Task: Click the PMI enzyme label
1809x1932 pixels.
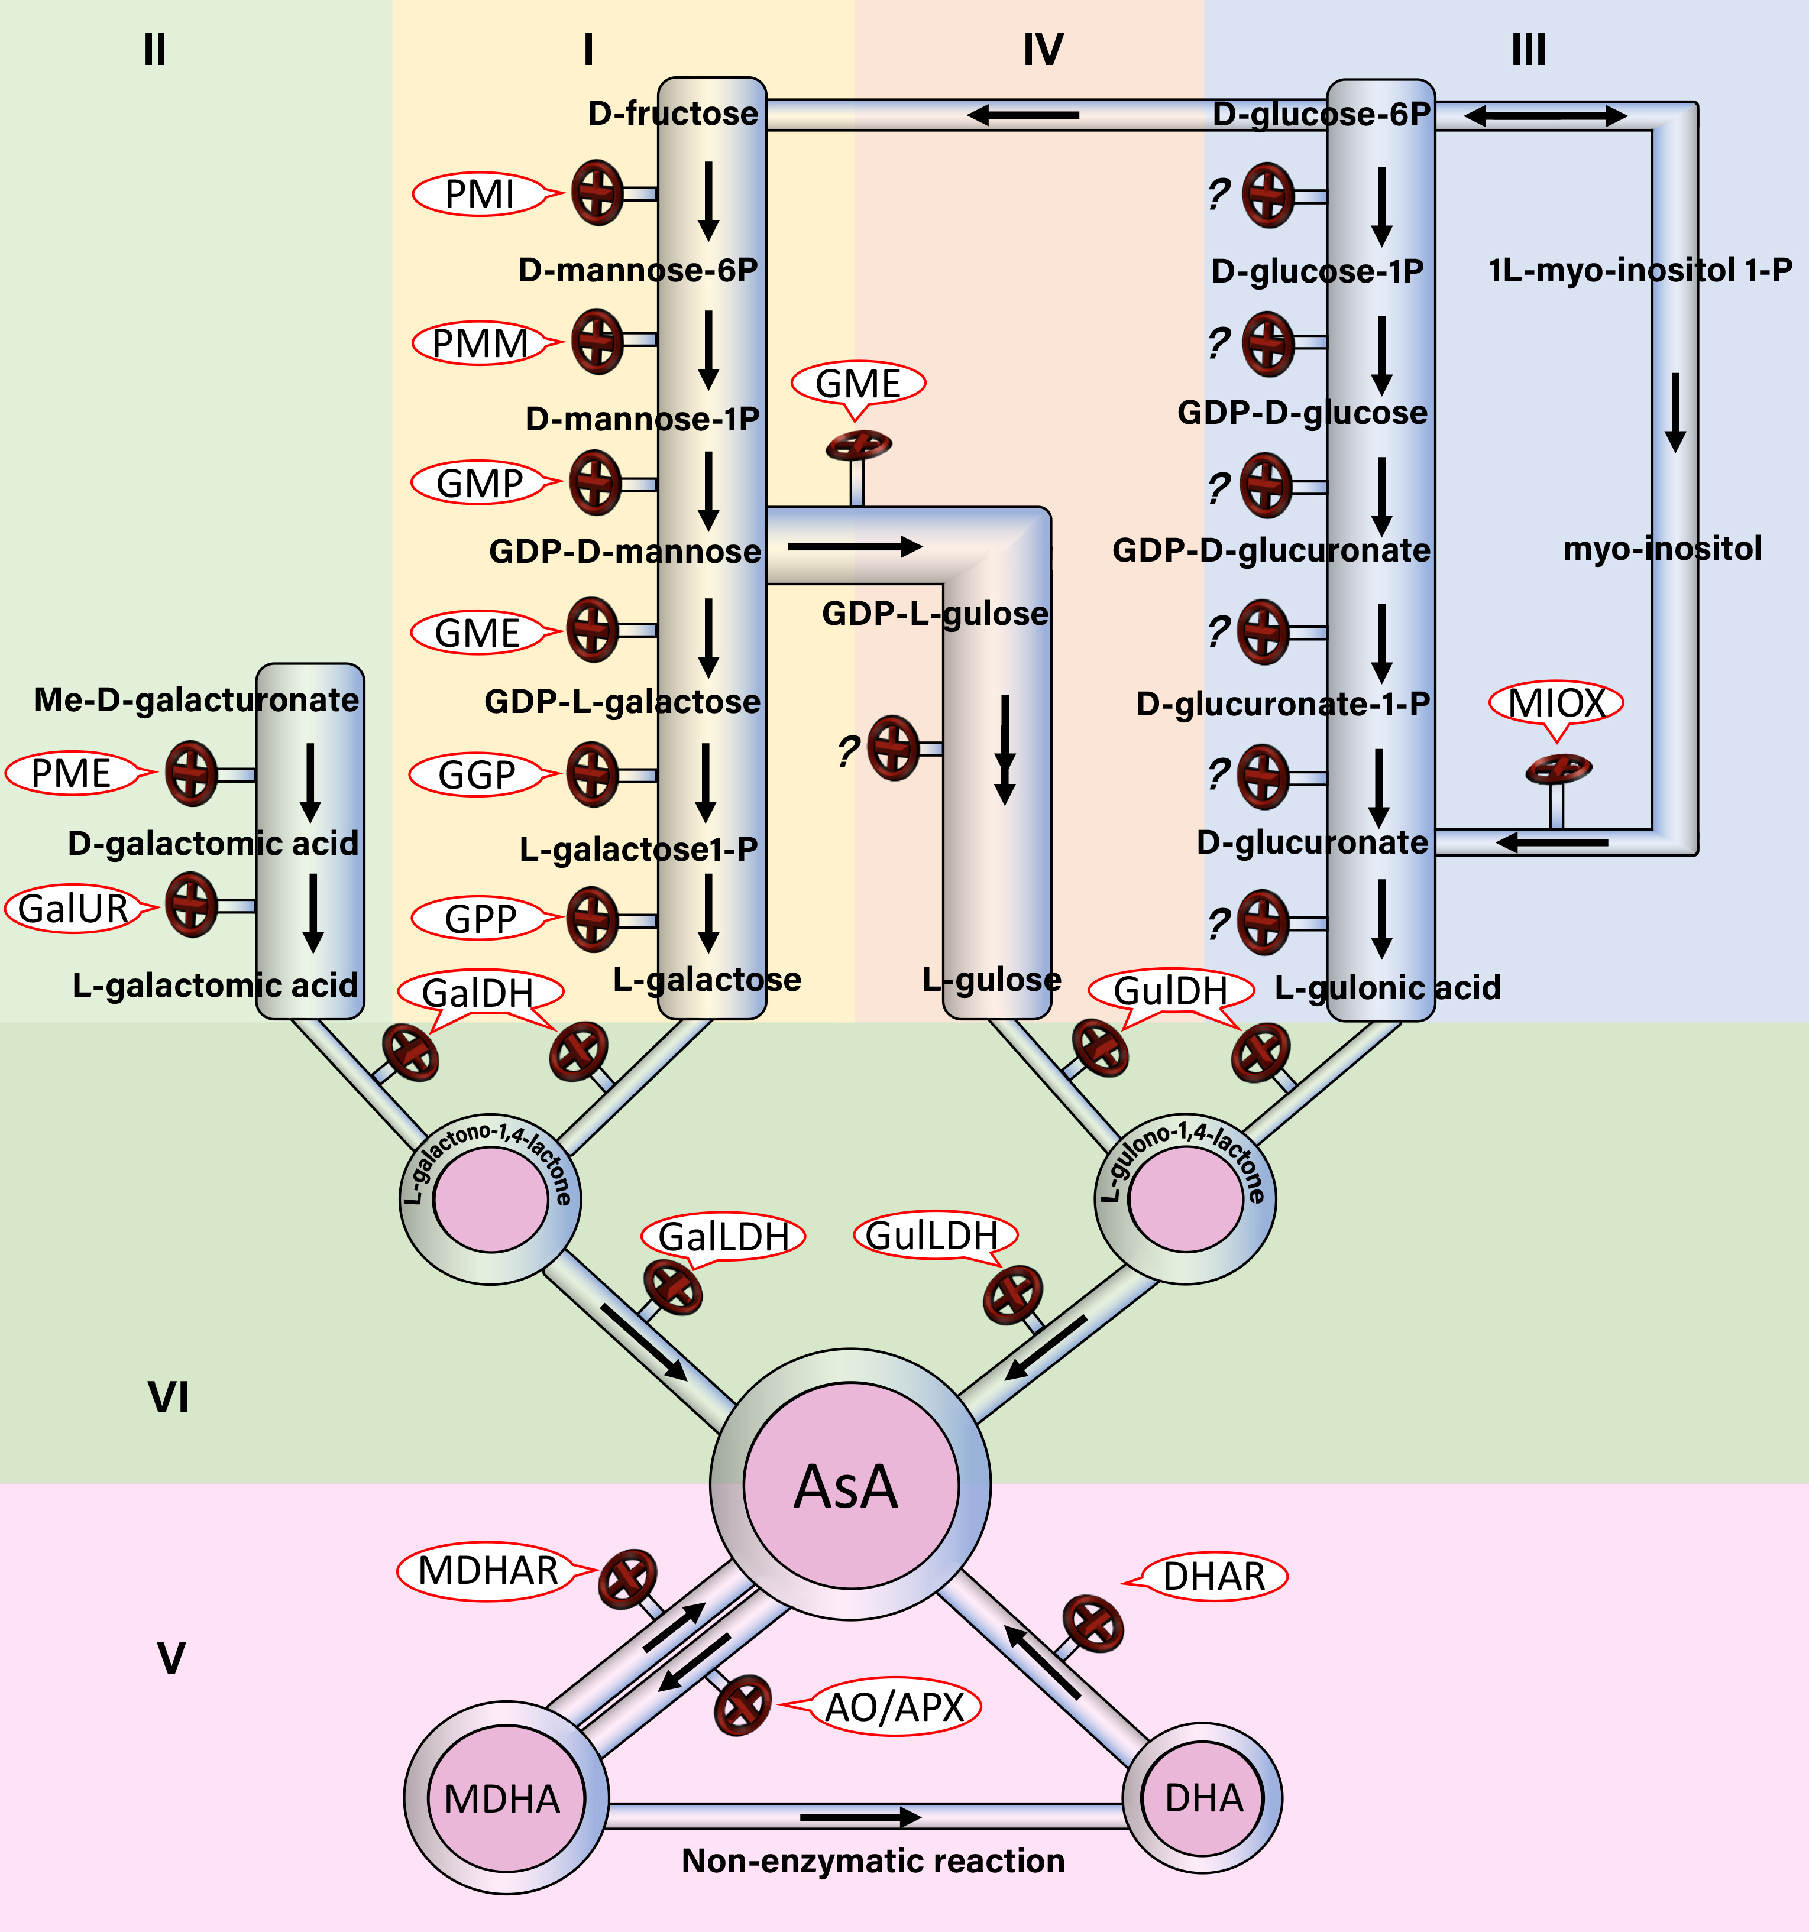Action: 479,193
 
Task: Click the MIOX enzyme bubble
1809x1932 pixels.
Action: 1555,703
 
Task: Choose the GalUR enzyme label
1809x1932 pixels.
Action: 73,909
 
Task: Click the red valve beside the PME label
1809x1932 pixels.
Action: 190,774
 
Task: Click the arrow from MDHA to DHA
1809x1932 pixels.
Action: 860,1816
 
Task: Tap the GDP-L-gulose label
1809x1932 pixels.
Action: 935,613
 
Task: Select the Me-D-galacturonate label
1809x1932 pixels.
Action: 196,700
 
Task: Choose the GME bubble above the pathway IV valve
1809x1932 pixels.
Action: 857,383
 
